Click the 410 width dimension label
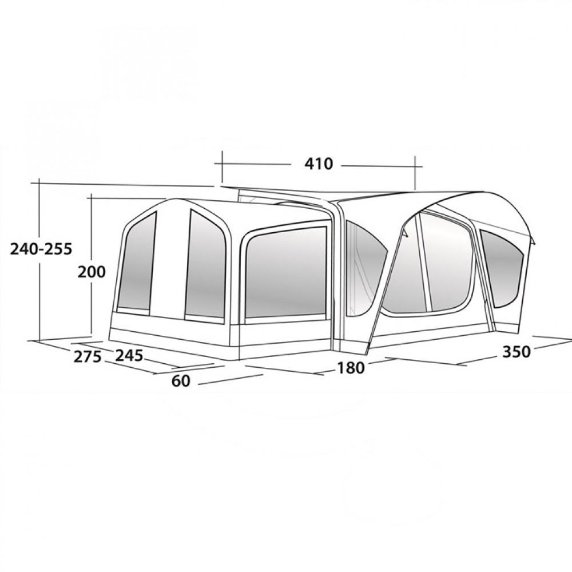319,164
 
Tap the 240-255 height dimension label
41,249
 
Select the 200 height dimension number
91,272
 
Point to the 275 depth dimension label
87,356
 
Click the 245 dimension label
129,355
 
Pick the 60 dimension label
181,381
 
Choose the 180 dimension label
350,368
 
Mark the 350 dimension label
516,352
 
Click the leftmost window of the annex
137,263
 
